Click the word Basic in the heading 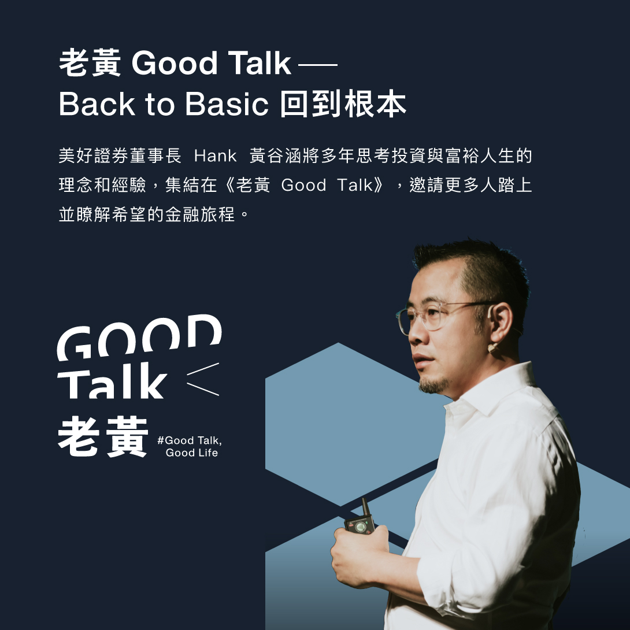coord(227,104)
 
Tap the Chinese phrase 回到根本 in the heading coord(343,104)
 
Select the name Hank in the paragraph coord(216,156)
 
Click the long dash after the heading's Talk coord(318,64)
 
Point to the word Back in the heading coord(97,104)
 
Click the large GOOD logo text coord(139,337)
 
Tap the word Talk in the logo coord(112,380)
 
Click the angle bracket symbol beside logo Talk coord(203,379)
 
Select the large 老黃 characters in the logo coord(103,436)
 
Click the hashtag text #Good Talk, coord(190,440)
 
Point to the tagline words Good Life coord(192,453)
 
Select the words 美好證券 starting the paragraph coord(94,156)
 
